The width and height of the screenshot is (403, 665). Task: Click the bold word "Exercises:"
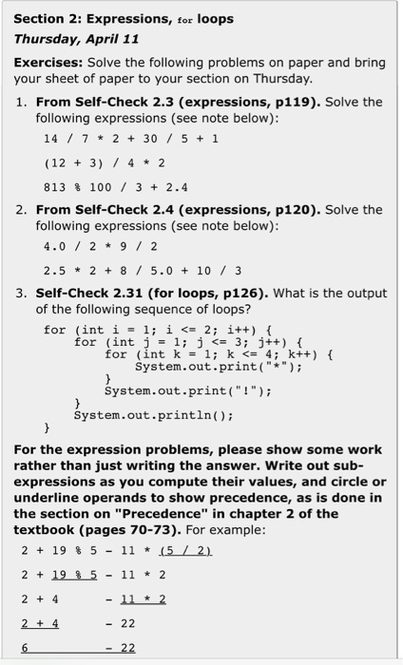(47, 63)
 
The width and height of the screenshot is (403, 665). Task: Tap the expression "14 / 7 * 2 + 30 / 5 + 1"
(130, 138)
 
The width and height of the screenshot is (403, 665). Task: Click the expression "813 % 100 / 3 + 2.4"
(116, 187)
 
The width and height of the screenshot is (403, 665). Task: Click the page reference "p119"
(292, 103)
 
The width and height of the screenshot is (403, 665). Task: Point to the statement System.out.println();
(153, 415)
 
